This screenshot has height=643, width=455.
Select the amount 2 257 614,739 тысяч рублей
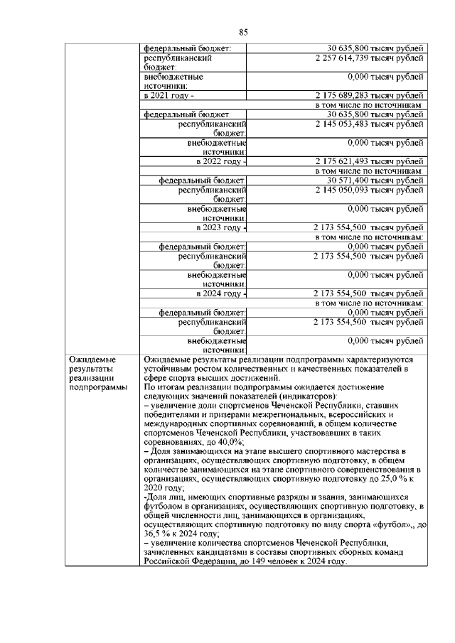[x=369, y=58]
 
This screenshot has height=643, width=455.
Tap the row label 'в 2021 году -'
[x=168, y=95]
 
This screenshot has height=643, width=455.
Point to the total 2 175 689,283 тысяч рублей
[x=369, y=95]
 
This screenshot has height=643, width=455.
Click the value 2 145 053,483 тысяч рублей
[x=369, y=123]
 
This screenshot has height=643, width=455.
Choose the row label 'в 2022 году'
[x=220, y=162]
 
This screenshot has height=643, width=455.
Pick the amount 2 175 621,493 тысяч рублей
[x=369, y=162]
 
